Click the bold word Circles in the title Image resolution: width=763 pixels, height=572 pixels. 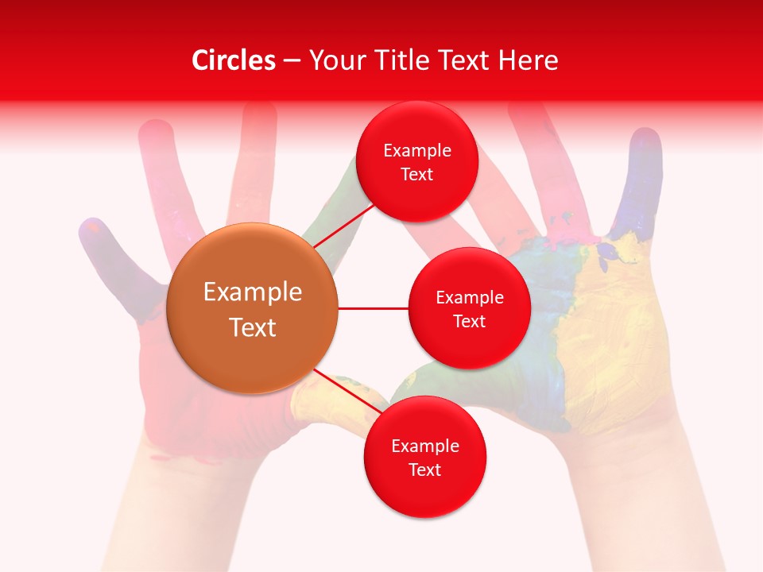[x=234, y=60]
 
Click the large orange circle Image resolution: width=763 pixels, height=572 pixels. [x=253, y=308]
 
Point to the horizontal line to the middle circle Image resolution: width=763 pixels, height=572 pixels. [x=374, y=308]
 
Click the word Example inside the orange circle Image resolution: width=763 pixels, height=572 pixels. [x=253, y=292]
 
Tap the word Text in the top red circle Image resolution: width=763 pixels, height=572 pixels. [x=417, y=175]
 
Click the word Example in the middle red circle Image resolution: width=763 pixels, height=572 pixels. [x=469, y=298]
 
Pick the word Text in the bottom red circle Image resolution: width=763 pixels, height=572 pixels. [x=424, y=470]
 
